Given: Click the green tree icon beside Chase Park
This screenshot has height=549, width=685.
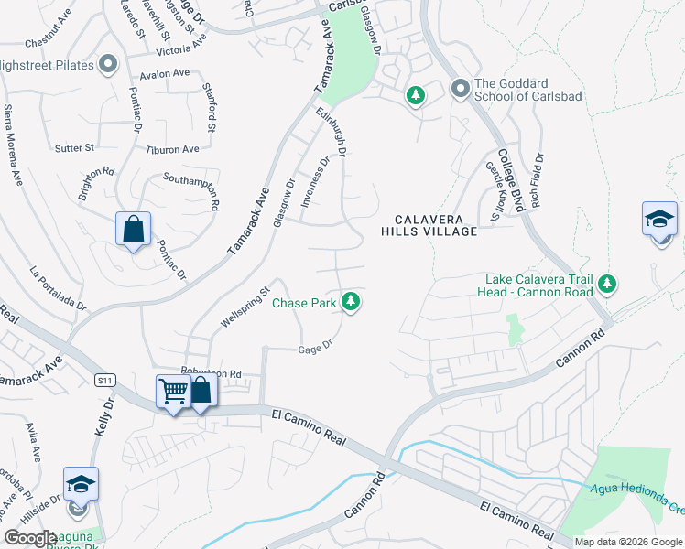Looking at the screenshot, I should click(x=350, y=300).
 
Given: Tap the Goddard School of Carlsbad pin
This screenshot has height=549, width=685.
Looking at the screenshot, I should click(x=461, y=89).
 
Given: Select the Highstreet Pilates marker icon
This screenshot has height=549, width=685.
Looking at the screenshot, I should click(x=108, y=63).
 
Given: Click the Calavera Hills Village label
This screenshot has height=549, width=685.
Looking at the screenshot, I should click(x=429, y=225).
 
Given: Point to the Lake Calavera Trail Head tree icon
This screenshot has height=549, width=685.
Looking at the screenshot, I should click(x=606, y=286).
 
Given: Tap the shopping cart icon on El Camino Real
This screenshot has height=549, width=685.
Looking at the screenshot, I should click(x=172, y=392).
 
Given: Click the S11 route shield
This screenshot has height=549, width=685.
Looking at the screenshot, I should click(x=105, y=378).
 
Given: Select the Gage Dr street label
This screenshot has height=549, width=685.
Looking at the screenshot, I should click(x=314, y=348).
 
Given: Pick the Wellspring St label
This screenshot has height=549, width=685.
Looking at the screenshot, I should click(x=245, y=310).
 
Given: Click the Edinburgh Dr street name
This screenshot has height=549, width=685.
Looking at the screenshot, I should click(x=331, y=133).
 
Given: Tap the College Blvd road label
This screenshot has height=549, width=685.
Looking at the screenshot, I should click(x=510, y=179).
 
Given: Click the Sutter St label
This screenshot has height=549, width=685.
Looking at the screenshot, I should click(x=75, y=147).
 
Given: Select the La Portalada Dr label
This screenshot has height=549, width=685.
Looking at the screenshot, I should click(x=57, y=288).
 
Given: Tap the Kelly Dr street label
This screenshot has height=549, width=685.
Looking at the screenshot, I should click(x=109, y=414).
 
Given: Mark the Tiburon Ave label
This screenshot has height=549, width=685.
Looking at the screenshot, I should click(x=177, y=149).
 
